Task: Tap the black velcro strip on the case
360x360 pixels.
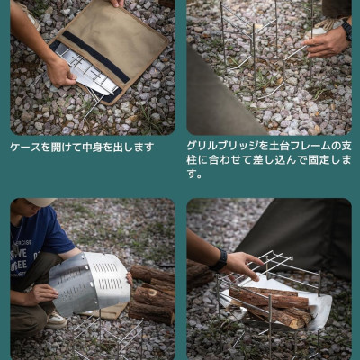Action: pyautogui.click(x=95, y=57)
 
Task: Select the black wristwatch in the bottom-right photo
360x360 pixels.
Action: pyautogui.click(x=220, y=260)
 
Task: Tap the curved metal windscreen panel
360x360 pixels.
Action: pyautogui.click(x=90, y=282)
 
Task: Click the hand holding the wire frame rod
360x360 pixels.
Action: pyautogui.click(x=326, y=45)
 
